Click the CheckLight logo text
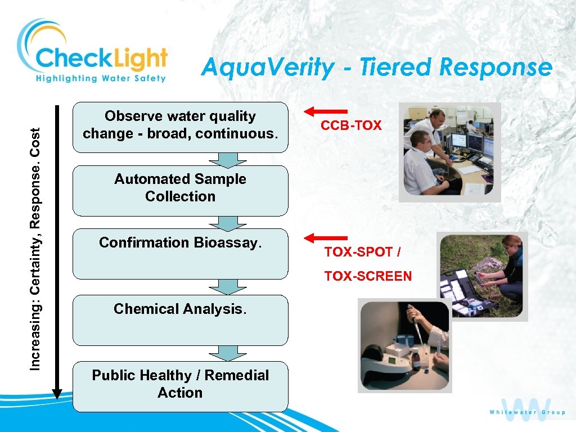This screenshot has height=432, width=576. point(101,58)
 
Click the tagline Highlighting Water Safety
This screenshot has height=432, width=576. point(101,78)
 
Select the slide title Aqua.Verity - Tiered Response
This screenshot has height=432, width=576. point(376,67)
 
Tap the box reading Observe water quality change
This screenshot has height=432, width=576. point(180,127)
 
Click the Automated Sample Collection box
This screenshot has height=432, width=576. point(180,190)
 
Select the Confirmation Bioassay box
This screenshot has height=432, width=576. point(180,253)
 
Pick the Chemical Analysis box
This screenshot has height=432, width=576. point(180,319)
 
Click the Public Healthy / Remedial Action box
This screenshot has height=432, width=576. point(180,386)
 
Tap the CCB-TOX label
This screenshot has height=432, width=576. point(351,125)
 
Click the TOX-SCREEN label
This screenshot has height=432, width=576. point(368,276)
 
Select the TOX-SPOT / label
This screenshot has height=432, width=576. point(362,252)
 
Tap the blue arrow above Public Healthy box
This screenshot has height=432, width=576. point(227,353)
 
